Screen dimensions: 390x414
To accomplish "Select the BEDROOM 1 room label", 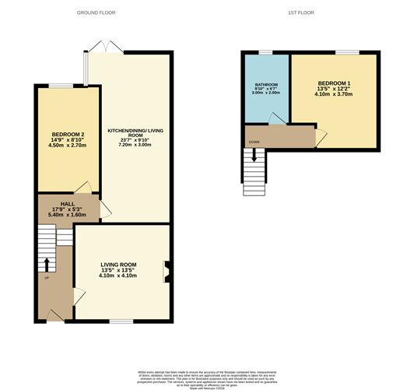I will [335, 83].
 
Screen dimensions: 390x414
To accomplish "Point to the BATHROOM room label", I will [266, 84].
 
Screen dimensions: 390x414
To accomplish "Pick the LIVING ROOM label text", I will [118, 265].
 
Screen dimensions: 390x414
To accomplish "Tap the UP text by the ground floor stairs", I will [46, 278].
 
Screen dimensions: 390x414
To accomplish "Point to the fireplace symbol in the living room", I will [166, 271].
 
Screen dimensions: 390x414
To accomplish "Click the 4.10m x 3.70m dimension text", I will [335, 94].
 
